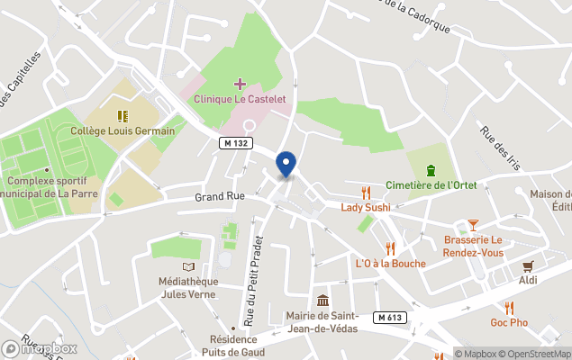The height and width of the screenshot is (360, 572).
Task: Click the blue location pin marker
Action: pyautogui.click(x=286, y=164)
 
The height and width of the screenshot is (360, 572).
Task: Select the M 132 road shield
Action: pyautogui.click(x=237, y=143)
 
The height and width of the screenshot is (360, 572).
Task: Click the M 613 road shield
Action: pyautogui.click(x=388, y=317)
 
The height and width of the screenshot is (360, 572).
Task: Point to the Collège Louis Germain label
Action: pyautogui.click(x=123, y=130)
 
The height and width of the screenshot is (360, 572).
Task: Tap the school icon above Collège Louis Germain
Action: pyautogui.click(x=123, y=116)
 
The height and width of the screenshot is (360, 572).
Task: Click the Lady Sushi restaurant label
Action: pyautogui.click(x=365, y=207)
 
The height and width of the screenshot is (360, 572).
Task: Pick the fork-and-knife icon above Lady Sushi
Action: pyautogui.click(x=365, y=193)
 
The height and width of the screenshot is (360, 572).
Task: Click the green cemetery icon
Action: pyautogui.click(x=430, y=170)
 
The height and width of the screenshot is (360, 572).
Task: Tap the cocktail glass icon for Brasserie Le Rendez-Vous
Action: pyautogui.click(x=473, y=224)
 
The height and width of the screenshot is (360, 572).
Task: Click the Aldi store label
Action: pyautogui.click(x=528, y=280)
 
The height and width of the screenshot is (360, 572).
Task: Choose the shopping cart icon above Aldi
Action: pyautogui.click(x=528, y=265)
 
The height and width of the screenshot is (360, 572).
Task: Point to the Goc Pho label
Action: pyautogui.click(x=509, y=323)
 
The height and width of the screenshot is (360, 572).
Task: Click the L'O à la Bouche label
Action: pyautogui.click(x=390, y=263)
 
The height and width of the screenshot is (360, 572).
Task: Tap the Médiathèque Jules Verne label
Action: pyautogui.click(x=187, y=287)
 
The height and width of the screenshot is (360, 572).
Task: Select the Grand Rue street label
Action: pyautogui.click(x=220, y=196)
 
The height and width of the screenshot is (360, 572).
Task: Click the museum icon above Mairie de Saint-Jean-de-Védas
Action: pyautogui.click(x=322, y=301)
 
